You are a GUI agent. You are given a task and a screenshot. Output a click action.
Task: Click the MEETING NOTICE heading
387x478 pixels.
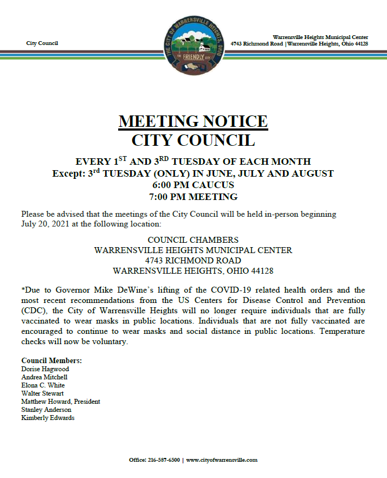tap(193, 121)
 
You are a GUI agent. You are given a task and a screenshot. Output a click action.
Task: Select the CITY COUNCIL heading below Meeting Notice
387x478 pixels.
tap(193, 140)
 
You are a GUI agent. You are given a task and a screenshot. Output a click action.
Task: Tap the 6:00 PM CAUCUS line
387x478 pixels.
tap(193, 185)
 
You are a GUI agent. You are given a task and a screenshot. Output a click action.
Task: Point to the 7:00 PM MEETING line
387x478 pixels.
tap(193, 196)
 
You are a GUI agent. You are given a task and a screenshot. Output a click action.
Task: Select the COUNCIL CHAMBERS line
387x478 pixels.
tap(193, 240)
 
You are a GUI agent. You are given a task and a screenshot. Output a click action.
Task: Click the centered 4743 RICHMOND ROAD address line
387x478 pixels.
tap(193, 261)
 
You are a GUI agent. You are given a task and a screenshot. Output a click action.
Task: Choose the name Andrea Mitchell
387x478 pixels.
tap(44, 377)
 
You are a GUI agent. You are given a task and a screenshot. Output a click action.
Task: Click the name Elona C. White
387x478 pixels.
tap(43, 385)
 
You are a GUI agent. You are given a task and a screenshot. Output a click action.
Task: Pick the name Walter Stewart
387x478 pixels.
tap(42, 393)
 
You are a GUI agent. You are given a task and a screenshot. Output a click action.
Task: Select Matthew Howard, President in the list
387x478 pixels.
tap(61, 402)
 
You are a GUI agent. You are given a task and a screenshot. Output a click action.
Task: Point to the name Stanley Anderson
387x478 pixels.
tap(46, 410)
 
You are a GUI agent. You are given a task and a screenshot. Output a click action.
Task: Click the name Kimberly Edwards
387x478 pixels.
tap(48, 418)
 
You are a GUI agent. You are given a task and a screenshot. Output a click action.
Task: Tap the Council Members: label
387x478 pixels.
tap(51, 360)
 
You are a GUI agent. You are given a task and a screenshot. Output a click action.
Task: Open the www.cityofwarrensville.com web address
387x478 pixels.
tap(222, 460)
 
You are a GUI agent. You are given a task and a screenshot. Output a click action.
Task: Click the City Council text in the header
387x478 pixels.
tap(42, 43)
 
